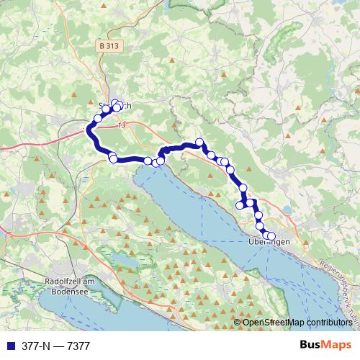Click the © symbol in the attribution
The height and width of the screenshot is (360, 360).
[238, 322]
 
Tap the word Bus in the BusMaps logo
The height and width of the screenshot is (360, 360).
[310, 346]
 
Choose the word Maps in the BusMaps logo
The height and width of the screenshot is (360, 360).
[337, 346]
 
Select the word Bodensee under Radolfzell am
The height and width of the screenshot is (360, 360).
[71, 292]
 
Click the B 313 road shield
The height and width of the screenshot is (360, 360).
[109, 46]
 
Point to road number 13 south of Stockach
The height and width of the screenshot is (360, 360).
[120, 125]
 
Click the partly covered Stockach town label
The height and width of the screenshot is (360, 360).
[115, 106]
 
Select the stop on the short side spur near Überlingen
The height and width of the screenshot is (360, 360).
[240, 206]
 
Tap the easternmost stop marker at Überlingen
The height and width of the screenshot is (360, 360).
[271, 236]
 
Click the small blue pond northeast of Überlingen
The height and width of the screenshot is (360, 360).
[289, 211]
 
